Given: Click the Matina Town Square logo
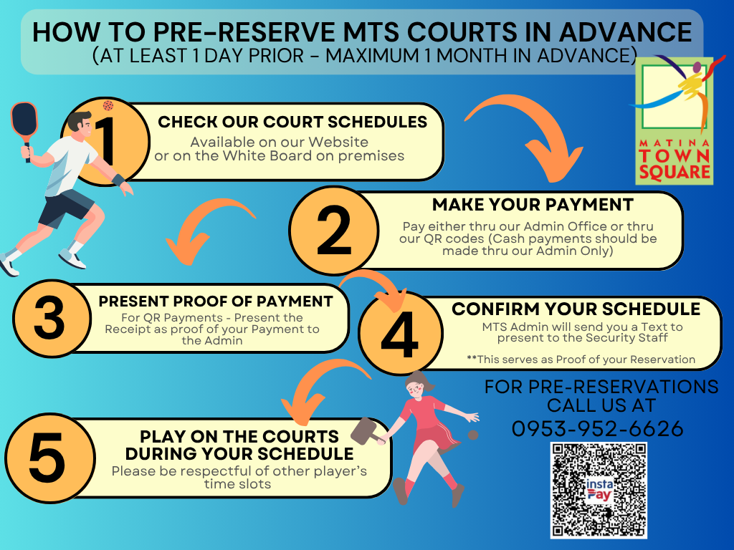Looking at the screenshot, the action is click(x=674, y=120).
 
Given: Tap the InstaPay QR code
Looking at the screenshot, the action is click(x=599, y=490).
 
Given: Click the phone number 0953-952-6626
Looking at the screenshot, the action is click(x=597, y=429).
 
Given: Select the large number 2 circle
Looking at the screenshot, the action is click(x=334, y=231).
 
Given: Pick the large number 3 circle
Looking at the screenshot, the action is click(x=52, y=318).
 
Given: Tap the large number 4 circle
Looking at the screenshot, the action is click(x=400, y=333).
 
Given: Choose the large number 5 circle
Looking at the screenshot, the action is click(x=50, y=458).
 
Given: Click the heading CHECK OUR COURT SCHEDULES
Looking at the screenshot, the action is click(x=292, y=122).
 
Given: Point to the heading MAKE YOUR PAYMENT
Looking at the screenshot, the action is click(x=533, y=205).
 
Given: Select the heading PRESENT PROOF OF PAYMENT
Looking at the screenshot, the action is click(x=216, y=301).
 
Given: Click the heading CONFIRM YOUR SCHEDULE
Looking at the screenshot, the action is click(x=576, y=309).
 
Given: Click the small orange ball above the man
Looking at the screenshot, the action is click(x=108, y=105).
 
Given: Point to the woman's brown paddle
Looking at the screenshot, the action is click(x=368, y=432).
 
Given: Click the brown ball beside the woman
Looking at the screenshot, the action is click(x=473, y=435).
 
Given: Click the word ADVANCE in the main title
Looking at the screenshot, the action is click(x=625, y=32).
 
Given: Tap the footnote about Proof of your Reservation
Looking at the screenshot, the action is click(x=581, y=360).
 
